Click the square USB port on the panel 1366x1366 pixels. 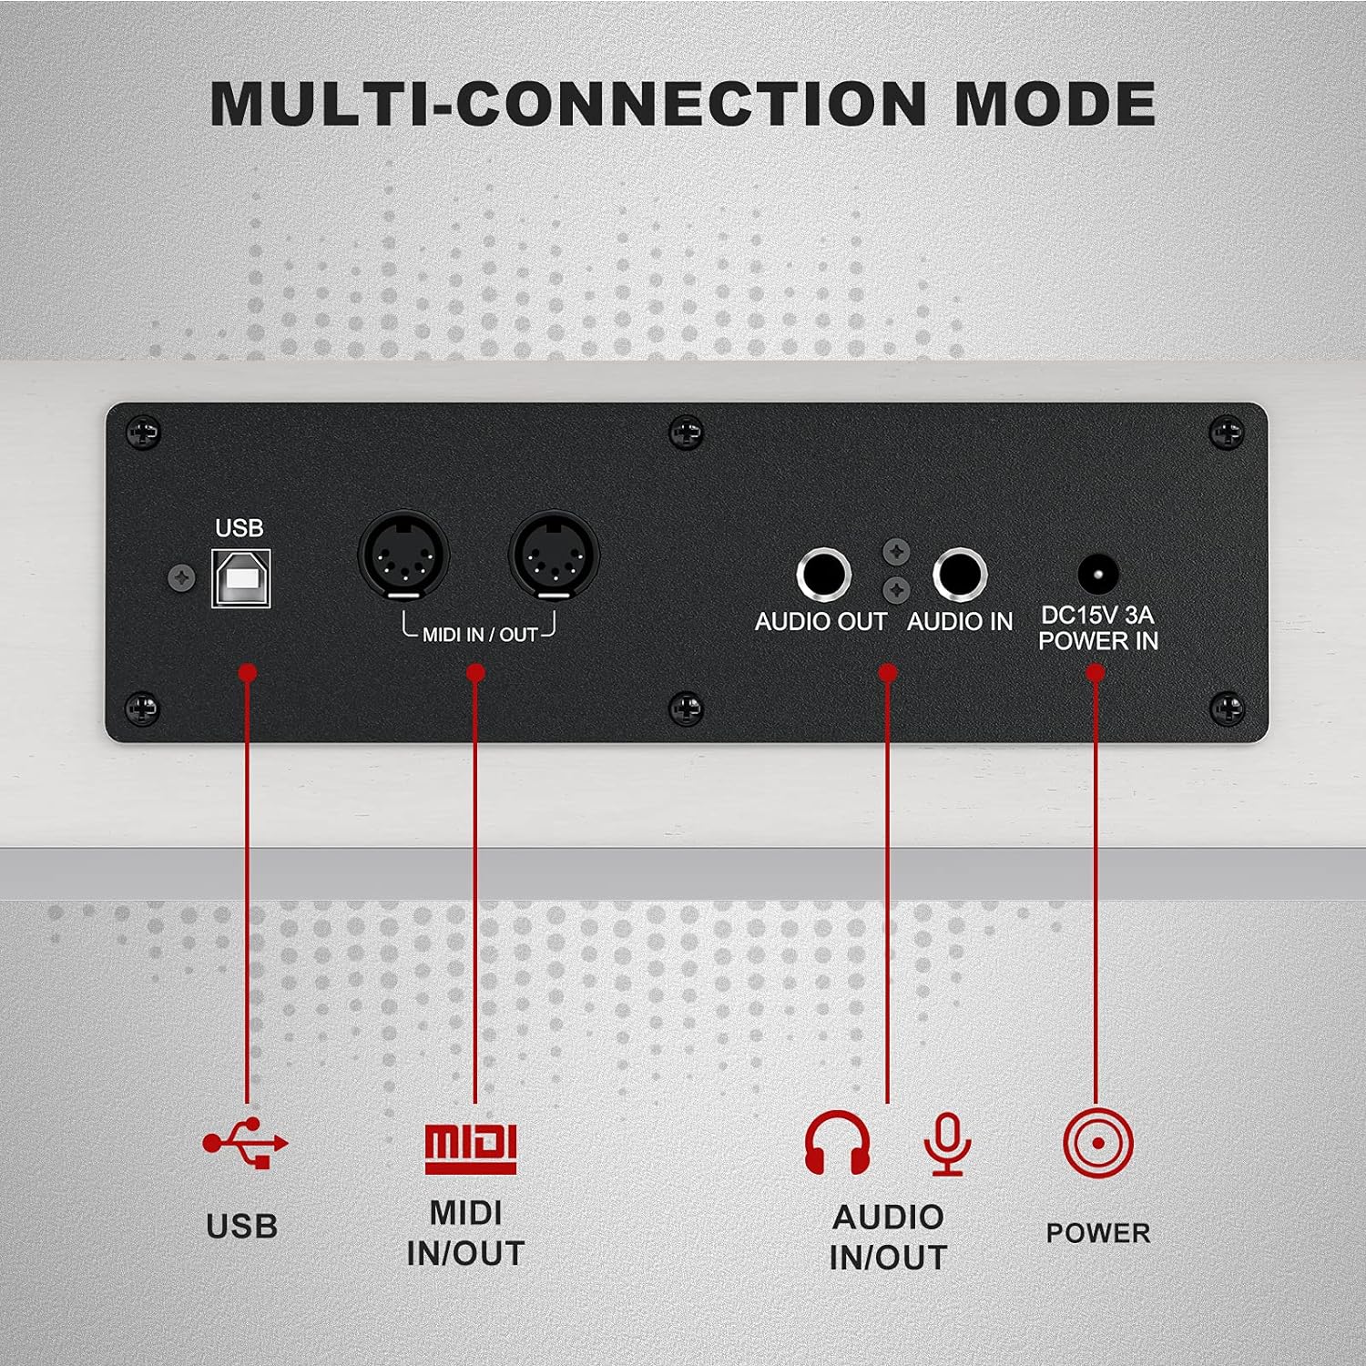(x=241, y=578)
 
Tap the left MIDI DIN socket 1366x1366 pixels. (x=403, y=555)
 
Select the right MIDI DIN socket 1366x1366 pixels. (x=553, y=555)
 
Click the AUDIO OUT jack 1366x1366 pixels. (x=823, y=576)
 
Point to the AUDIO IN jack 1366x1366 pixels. (x=960, y=576)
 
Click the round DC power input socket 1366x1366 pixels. (x=1098, y=576)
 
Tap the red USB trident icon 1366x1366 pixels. (x=245, y=1142)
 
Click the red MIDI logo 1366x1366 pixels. (x=471, y=1147)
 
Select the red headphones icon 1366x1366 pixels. (x=838, y=1142)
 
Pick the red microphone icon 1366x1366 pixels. (x=948, y=1144)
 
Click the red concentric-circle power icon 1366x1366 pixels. (x=1098, y=1143)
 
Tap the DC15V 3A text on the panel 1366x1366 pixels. (x=1097, y=615)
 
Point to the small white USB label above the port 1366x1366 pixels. (x=240, y=528)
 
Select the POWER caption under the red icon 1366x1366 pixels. (x=1098, y=1233)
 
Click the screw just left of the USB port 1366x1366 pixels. (x=183, y=577)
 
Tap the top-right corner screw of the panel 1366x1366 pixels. (x=1226, y=433)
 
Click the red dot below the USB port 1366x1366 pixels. (x=247, y=673)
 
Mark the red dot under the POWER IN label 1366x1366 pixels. (x=1096, y=673)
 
